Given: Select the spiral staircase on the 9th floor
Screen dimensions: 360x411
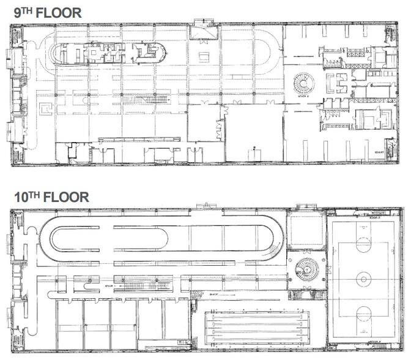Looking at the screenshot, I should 302,82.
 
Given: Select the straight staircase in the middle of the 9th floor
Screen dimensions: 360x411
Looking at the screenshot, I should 144,100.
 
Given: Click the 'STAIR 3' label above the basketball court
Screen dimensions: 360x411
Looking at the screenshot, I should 374,216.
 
